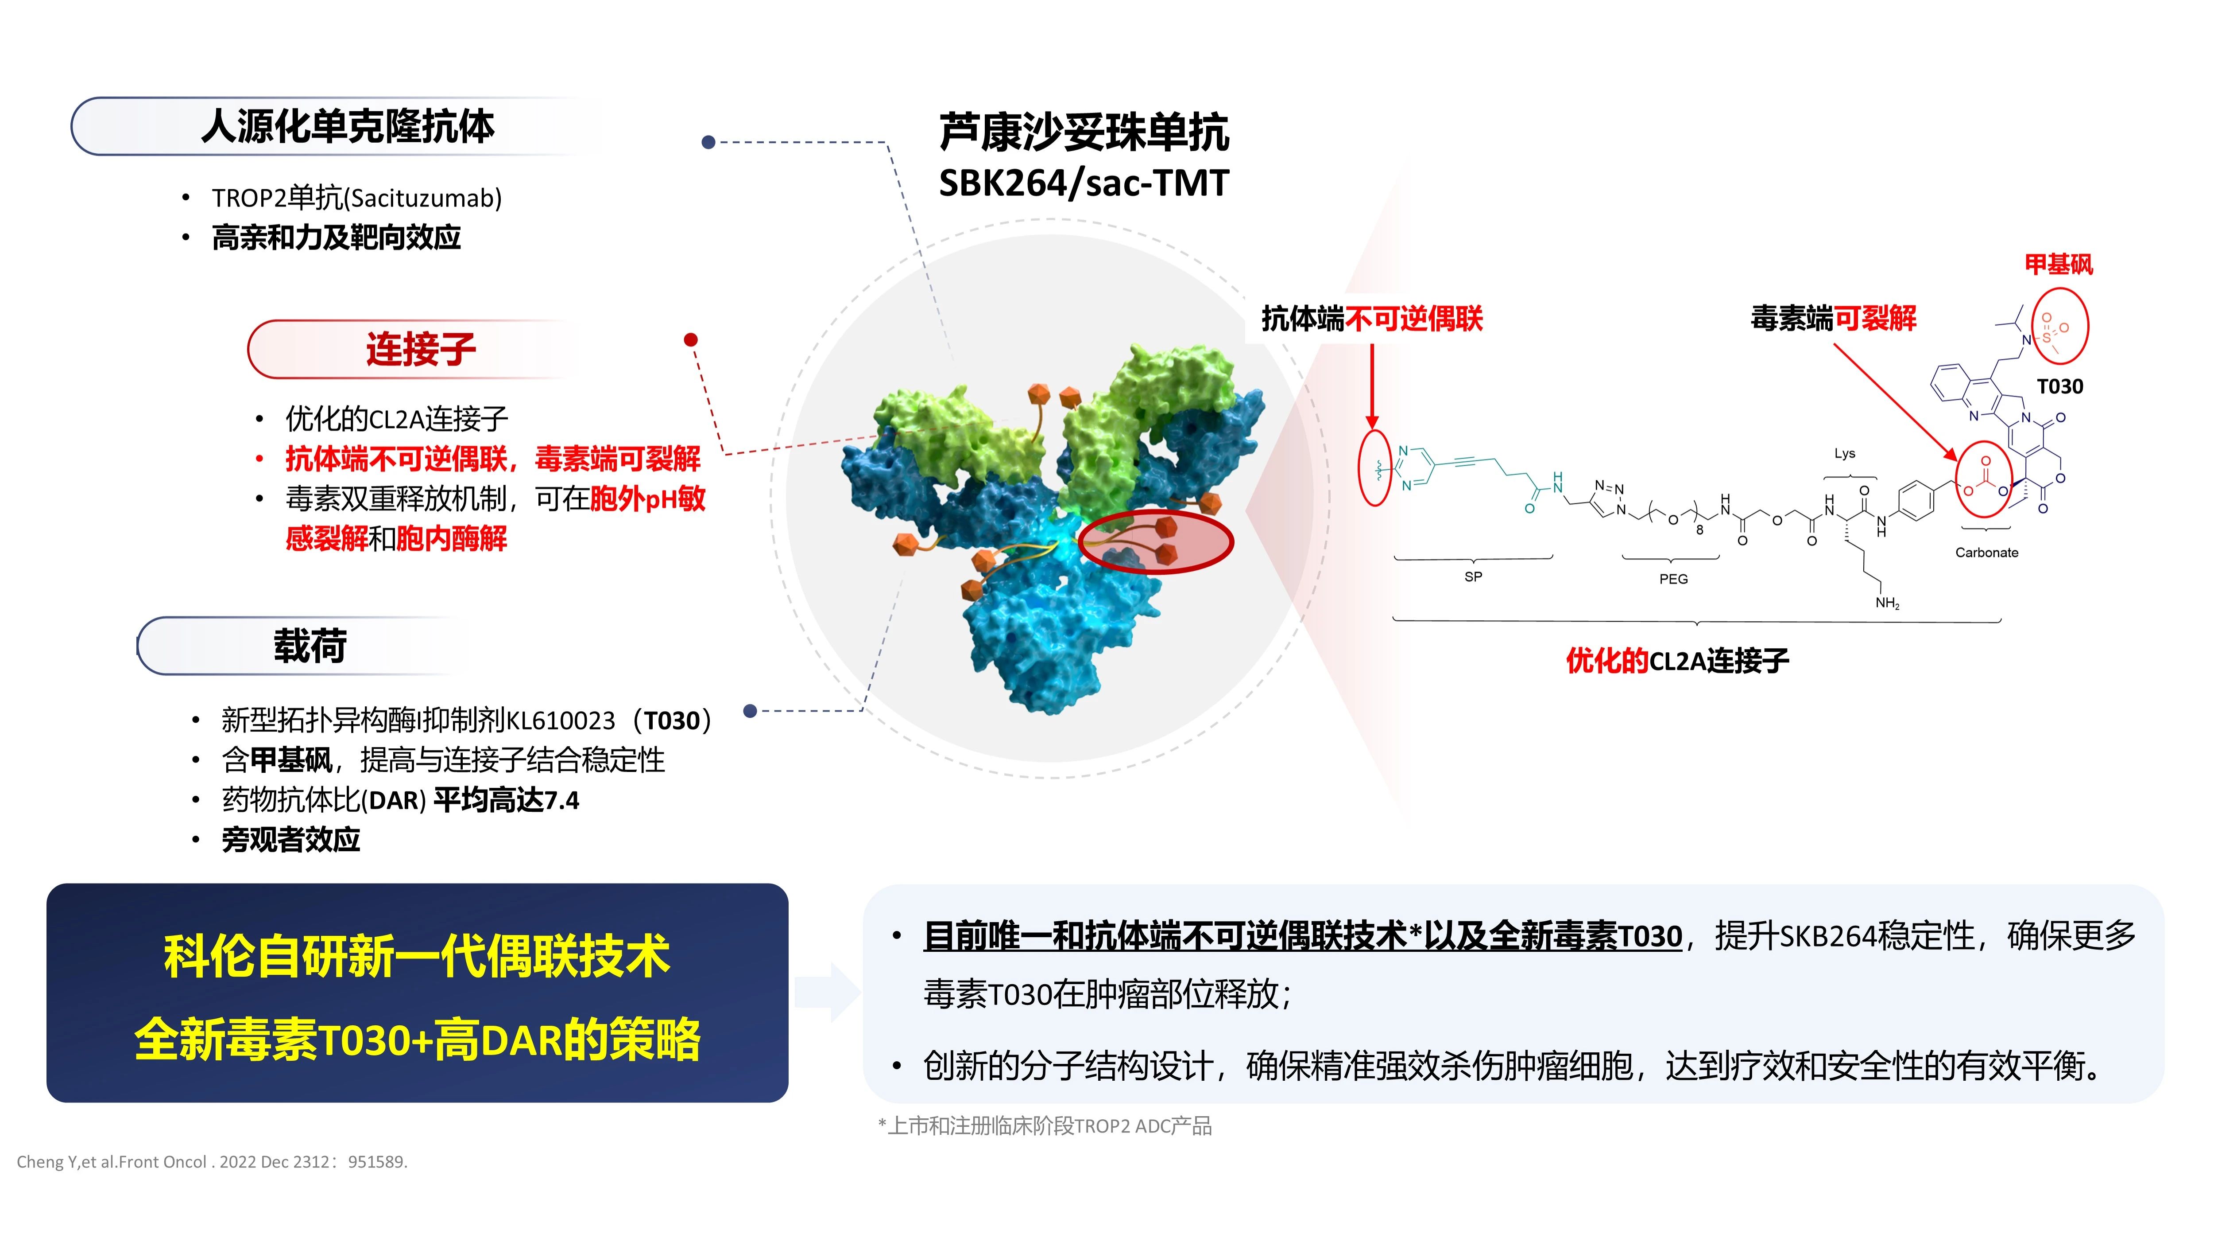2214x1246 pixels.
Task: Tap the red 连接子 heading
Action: click(420, 349)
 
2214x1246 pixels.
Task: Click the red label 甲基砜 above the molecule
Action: click(2059, 264)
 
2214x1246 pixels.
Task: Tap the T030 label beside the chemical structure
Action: click(2060, 386)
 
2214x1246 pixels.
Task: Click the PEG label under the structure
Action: click(1673, 579)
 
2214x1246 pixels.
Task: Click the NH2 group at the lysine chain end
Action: click(1887, 603)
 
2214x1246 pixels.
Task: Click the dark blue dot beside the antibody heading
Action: click(708, 142)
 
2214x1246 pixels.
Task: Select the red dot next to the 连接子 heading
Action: click(690, 340)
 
